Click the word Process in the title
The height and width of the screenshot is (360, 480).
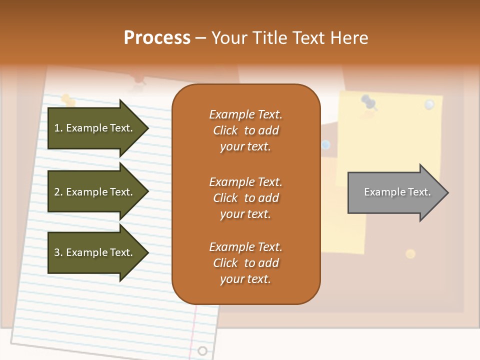[157, 38]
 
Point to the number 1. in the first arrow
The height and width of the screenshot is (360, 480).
[58, 128]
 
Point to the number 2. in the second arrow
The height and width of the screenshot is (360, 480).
[58, 192]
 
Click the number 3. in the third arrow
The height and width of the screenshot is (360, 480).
[58, 252]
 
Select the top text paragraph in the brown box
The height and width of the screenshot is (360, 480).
[245, 130]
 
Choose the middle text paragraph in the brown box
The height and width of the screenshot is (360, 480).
[245, 198]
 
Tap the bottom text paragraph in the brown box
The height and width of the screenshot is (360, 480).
[245, 263]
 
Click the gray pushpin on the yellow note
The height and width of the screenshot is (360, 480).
[369, 102]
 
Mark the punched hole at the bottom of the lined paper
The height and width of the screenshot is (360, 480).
[202, 350]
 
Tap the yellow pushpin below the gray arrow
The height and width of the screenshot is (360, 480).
[410, 253]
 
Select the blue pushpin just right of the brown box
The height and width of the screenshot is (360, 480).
[326, 145]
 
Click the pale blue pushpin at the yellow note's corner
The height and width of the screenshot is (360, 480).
[429, 104]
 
